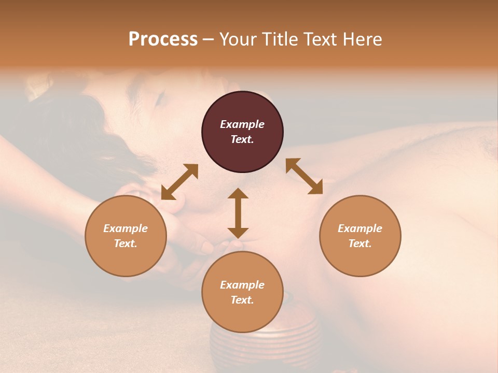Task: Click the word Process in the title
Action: (163, 39)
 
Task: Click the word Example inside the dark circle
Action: (242, 124)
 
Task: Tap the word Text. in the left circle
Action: (126, 243)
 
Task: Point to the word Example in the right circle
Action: (360, 228)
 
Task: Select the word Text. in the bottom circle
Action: (242, 300)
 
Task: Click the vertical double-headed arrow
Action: (238, 213)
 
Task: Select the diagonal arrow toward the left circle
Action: (179, 182)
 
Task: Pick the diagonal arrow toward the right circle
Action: (304, 176)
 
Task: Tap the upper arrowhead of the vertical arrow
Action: (238, 194)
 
